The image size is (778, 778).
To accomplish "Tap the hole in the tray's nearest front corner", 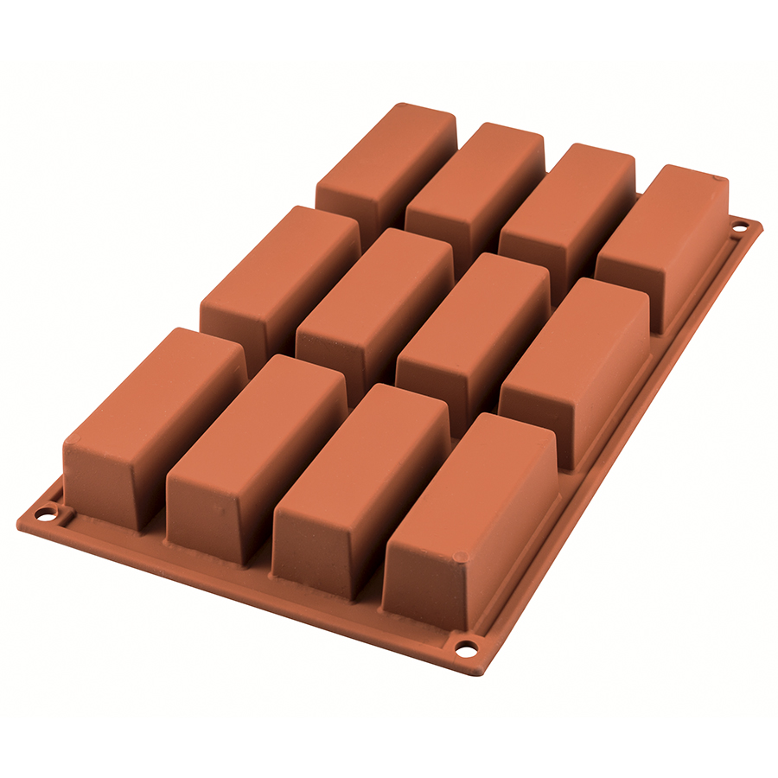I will [x=466, y=647].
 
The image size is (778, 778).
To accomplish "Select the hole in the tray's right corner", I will [x=739, y=227].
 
